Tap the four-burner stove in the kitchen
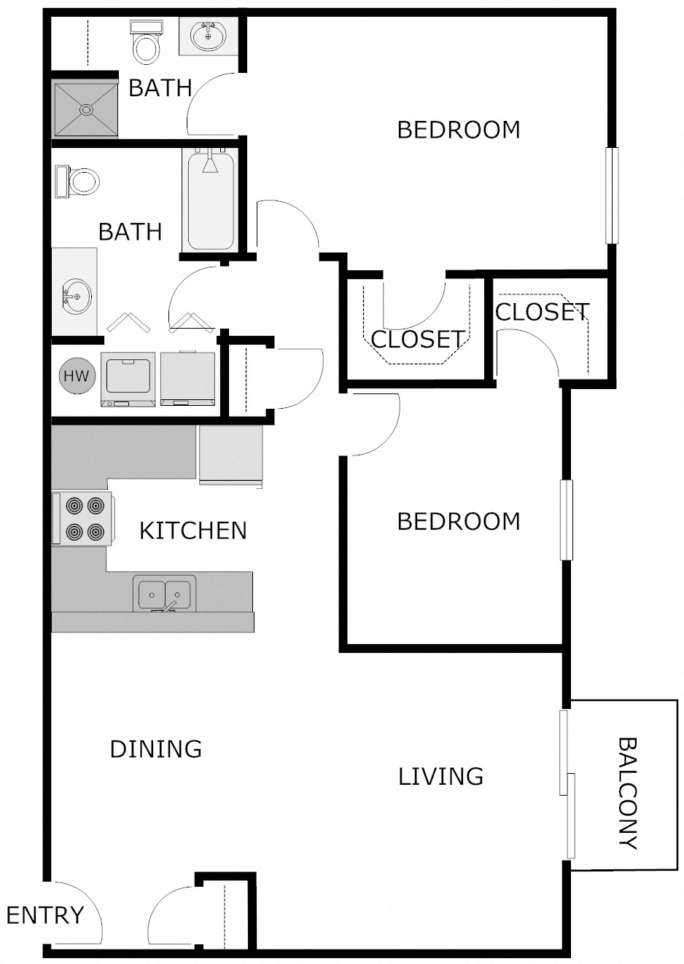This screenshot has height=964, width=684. click(82, 518)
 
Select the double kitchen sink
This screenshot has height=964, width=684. click(164, 593)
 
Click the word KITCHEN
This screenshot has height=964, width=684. click(193, 530)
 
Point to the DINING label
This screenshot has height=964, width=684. click(155, 749)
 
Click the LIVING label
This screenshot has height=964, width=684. click(440, 776)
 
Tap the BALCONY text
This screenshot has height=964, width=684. click(627, 793)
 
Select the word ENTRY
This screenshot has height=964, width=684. click(45, 914)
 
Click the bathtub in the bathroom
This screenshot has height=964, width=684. click(211, 201)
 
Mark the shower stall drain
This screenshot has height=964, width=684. click(87, 110)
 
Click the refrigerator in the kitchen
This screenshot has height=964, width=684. click(230, 454)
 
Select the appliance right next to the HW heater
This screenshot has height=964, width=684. click(128, 379)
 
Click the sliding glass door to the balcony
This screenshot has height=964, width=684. click(567, 783)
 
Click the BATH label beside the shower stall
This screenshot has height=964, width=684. click(160, 88)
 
